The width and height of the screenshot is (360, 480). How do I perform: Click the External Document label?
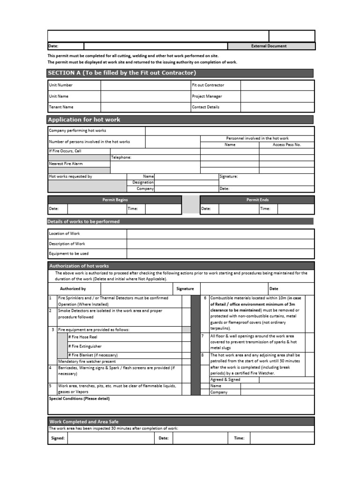coord(269,46)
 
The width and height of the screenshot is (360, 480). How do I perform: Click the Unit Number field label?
coord(61,85)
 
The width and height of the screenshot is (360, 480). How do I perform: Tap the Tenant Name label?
coord(61,107)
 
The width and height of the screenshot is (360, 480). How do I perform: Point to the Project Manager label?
coord(207,96)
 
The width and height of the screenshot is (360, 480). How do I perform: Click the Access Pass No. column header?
coord(286,145)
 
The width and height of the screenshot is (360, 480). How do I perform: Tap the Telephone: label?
coord(121,157)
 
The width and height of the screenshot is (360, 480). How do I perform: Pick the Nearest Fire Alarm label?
coord(66,164)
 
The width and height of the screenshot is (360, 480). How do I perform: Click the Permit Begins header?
coord(115,200)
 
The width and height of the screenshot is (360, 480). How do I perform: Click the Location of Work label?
coord(64,233)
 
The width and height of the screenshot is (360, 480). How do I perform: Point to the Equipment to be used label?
coord(68,254)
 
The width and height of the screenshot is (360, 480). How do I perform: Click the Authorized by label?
coord(73,289)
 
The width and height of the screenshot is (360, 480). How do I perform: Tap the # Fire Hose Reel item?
coord(82,337)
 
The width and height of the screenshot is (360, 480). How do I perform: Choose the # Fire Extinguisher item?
coord(84,346)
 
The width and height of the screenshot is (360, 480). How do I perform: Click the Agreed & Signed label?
coord(225,380)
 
